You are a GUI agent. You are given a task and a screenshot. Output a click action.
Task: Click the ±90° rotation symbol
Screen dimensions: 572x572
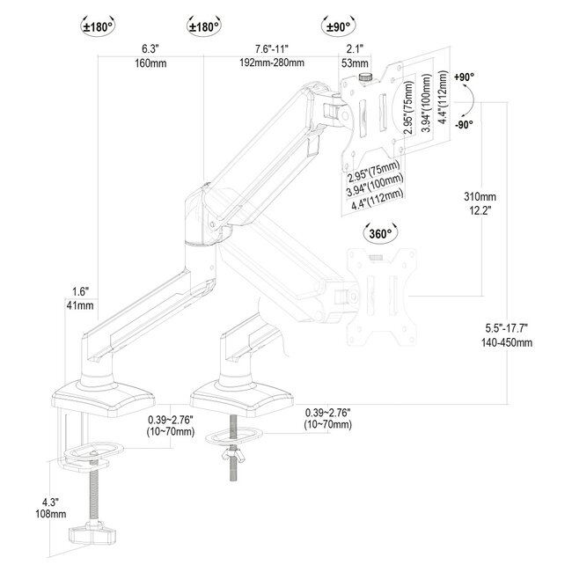pyautogui.click(x=340, y=26)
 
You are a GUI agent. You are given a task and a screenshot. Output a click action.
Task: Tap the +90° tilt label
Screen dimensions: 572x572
pyautogui.click(x=465, y=77)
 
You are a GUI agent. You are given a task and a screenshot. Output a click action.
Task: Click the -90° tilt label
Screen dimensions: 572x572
pyautogui.click(x=465, y=123)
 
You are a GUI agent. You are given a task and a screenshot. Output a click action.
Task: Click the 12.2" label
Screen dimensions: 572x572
pyautogui.click(x=482, y=210)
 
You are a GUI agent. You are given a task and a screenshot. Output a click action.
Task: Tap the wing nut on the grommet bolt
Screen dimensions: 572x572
pyautogui.click(x=233, y=458)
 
